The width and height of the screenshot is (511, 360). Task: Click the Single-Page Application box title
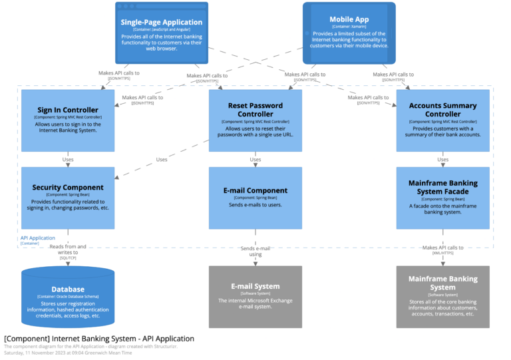click(161, 21)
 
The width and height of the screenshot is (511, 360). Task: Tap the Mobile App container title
click(349, 19)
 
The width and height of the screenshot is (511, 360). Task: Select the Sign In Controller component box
click(68, 120)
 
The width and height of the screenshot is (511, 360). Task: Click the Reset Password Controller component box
click(255, 120)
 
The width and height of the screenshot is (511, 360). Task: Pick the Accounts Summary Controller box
click(442, 120)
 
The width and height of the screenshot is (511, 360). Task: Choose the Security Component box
click(68, 198)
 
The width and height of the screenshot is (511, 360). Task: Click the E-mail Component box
click(255, 198)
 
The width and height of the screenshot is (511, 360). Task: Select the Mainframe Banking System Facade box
click(442, 198)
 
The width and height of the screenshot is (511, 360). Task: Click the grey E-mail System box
click(255, 297)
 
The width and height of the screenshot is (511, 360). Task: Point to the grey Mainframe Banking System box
click(442, 297)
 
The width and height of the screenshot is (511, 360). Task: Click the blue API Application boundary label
click(38, 238)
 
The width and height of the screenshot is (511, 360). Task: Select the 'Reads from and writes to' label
click(68, 250)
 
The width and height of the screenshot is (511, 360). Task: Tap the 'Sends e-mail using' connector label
click(255, 251)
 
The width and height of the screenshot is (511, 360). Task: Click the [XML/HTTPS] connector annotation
click(442, 254)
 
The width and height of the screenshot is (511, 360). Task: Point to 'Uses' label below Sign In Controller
click(68, 160)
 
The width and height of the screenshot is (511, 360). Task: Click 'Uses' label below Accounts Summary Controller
click(442, 160)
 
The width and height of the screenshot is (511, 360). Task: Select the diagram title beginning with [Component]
click(99, 339)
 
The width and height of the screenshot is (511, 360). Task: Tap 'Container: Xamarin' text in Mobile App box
click(349, 27)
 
